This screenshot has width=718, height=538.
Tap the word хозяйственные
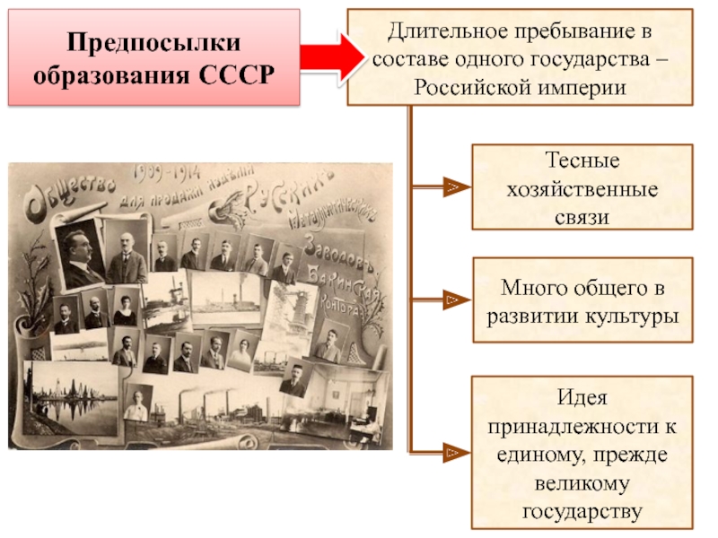(582, 190)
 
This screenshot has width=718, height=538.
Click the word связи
(582, 217)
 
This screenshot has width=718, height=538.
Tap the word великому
(582, 483)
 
